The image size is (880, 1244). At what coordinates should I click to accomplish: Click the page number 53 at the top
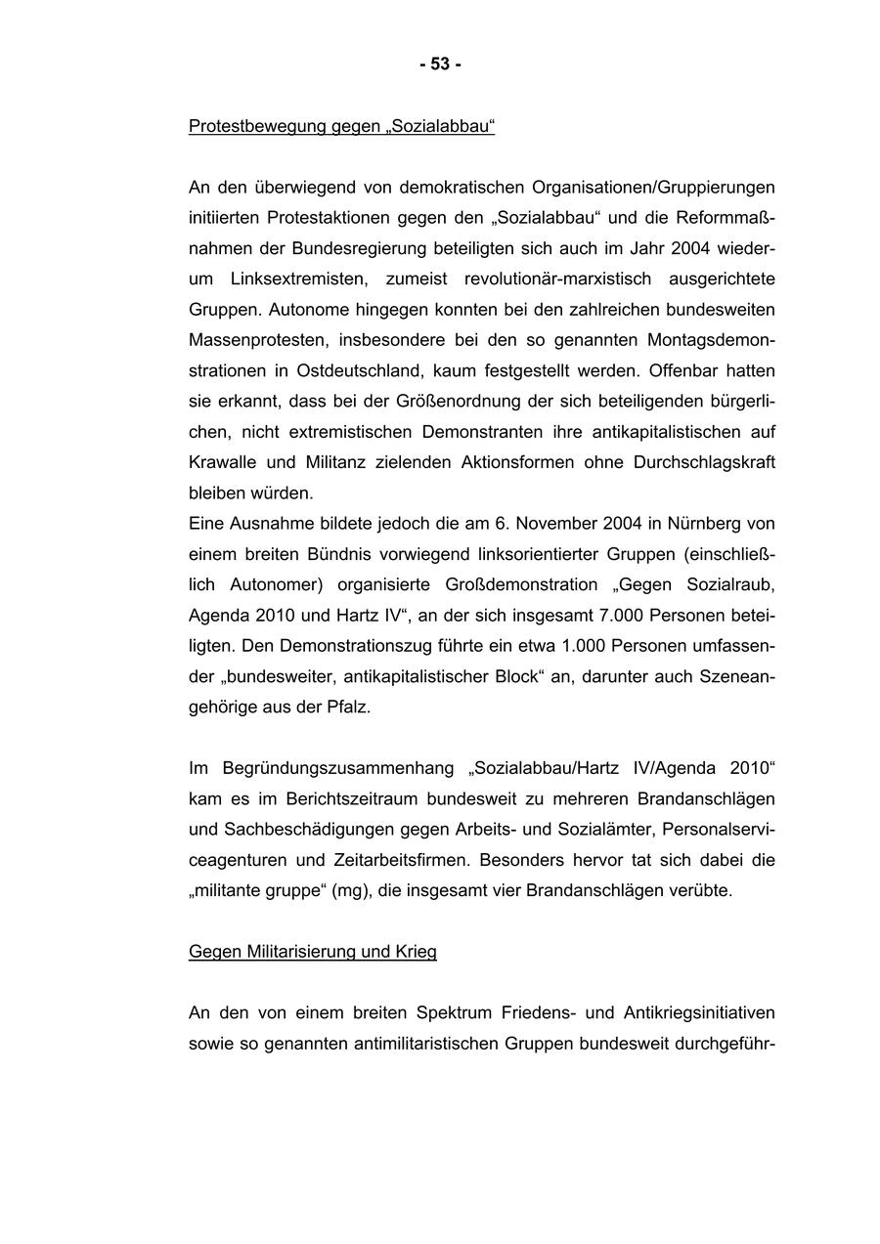(x=440, y=64)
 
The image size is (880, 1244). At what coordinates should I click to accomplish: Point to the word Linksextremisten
(x=299, y=279)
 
